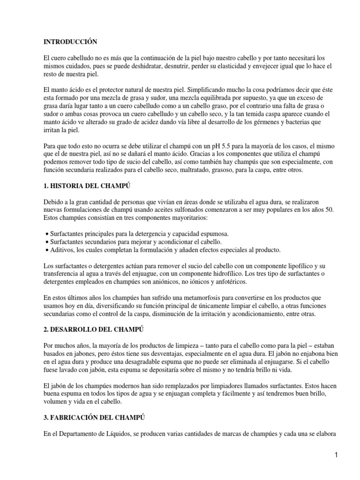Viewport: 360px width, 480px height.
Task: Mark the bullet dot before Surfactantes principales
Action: (x=45, y=233)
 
